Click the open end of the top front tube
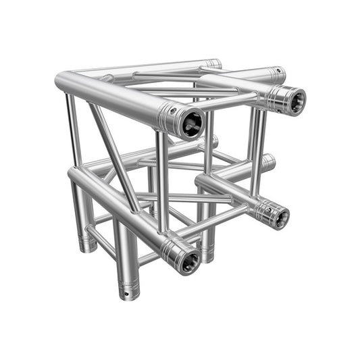(x=190, y=123)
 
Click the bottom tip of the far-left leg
(x=86, y=246)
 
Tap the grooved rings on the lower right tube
(x=261, y=210)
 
